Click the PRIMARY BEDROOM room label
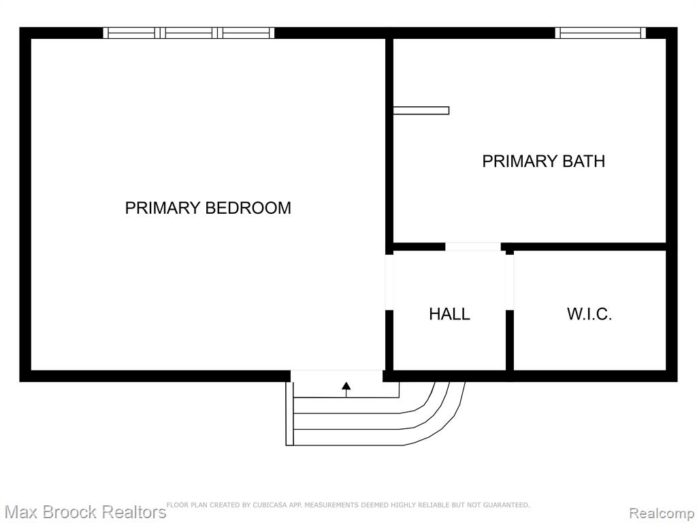(208, 208)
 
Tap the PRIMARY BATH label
(544, 161)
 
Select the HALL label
(449, 314)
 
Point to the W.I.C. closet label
(589, 314)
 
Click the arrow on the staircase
(346, 389)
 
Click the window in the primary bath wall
(600, 33)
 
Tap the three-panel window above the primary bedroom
(189, 33)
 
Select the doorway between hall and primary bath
(473, 247)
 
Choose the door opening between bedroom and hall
(389, 282)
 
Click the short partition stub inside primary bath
(421, 110)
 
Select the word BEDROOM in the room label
(248, 208)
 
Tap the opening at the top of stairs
(336, 376)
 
